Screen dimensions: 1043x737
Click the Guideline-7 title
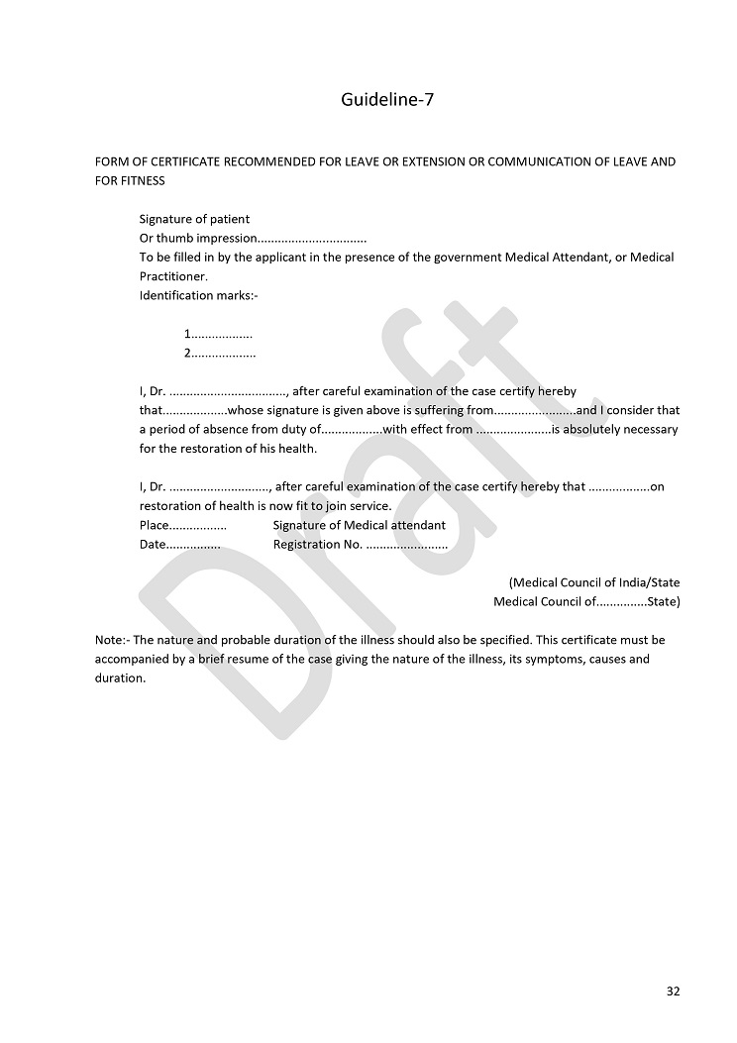point(387,99)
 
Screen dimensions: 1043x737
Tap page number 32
point(673,991)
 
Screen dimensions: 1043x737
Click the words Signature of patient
point(194,219)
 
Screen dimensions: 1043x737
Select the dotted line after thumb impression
point(312,239)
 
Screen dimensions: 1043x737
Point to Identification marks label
point(198,295)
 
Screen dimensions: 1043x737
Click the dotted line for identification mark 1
point(221,335)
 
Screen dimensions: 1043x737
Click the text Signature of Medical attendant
point(359,525)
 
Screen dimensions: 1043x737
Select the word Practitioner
point(173,276)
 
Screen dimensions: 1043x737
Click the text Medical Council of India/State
point(594,582)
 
